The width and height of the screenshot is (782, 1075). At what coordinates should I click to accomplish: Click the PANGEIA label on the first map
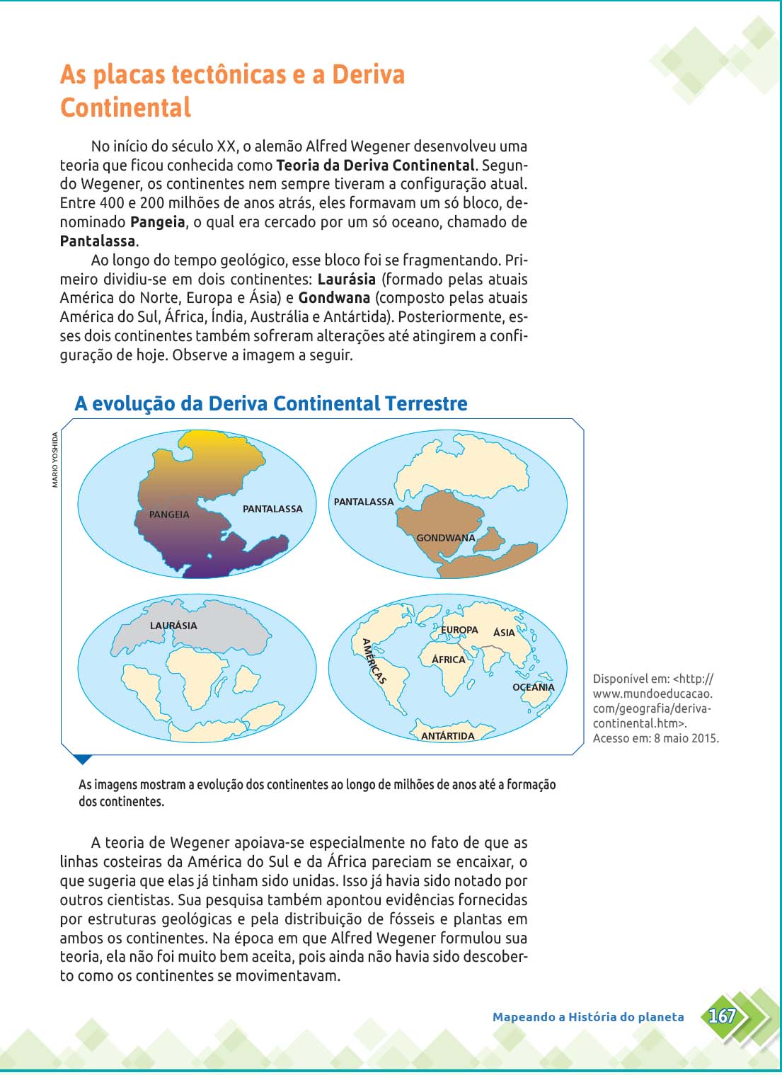click(x=169, y=514)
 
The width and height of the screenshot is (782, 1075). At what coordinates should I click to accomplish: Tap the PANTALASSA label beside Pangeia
click(x=272, y=509)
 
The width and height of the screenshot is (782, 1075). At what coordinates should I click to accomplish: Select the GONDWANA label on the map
click(x=446, y=538)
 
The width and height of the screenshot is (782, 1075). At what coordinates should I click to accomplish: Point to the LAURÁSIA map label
click(x=173, y=626)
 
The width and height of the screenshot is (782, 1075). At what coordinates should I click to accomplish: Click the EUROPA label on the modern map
click(x=460, y=630)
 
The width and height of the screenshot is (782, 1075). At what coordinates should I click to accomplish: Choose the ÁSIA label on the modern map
click(x=504, y=633)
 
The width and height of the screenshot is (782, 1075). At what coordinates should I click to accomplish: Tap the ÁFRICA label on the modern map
click(x=449, y=660)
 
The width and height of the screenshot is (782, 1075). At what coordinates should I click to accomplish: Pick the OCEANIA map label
click(x=534, y=687)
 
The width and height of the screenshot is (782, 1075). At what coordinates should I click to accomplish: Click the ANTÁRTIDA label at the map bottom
click(x=448, y=736)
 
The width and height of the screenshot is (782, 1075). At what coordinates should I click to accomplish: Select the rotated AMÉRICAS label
click(x=374, y=661)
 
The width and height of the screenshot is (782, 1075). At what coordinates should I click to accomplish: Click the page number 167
click(x=722, y=1016)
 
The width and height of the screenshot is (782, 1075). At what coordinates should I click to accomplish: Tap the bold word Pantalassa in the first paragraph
click(x=98, y=241)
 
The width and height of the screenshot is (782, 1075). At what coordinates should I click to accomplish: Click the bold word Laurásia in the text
click(x=346, y=279)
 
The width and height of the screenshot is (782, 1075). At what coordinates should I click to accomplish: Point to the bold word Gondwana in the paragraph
click(x=334, y=298)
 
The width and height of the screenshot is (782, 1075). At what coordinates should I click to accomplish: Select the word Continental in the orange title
click(x=125, y=108)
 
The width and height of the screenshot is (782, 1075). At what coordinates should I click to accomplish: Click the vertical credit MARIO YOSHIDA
click(x=55, y=459)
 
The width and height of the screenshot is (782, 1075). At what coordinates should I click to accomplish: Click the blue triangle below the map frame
click(x=83, y=759)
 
